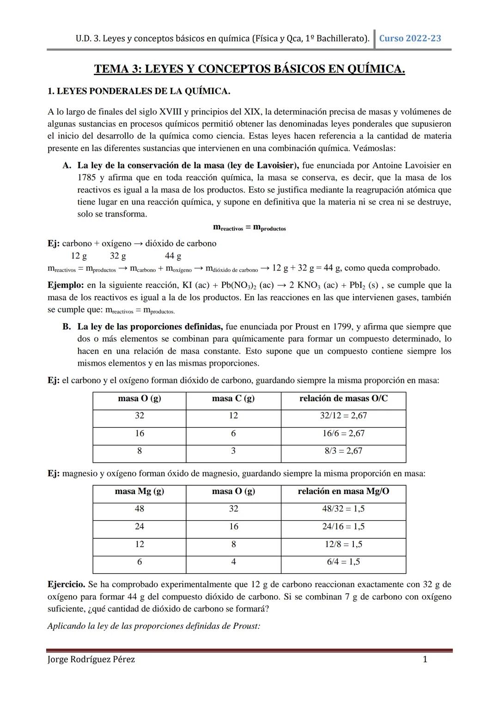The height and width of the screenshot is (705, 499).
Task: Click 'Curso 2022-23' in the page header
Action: coord(410,38)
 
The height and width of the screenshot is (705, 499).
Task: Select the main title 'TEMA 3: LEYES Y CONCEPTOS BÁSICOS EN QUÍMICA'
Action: coord(249,69)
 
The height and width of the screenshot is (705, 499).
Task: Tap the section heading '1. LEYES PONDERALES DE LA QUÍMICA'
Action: coord(139,91)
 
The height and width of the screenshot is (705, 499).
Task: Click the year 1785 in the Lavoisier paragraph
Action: coord(86,178)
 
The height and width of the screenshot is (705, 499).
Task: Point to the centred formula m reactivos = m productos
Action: coord(249,227)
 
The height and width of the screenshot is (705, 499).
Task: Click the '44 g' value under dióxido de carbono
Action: coord(173,256)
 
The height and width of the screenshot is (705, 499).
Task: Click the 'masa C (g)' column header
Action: coord(233,398)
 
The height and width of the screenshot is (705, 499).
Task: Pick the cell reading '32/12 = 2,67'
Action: coord(343,416)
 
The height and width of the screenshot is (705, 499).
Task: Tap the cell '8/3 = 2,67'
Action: coord(343,451)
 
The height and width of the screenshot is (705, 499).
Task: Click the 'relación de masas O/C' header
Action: coord(343,398)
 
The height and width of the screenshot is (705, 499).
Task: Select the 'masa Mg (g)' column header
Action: coord(140,491)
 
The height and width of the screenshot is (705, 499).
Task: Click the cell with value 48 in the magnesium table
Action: coord(140,509)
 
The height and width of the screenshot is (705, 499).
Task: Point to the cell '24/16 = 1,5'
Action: coord(343,526)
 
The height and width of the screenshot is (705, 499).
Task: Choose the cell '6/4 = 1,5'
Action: coord(343,562)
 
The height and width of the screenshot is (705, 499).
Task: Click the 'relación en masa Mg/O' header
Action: coord(343,491)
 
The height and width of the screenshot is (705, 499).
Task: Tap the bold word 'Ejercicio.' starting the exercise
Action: coord(66,584)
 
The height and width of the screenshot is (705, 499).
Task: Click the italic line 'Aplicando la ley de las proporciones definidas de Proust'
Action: coord(154,627)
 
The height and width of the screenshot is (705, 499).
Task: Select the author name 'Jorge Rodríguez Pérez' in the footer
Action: coord(91,659)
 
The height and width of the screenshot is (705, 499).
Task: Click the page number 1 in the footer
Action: coord(425,659)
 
